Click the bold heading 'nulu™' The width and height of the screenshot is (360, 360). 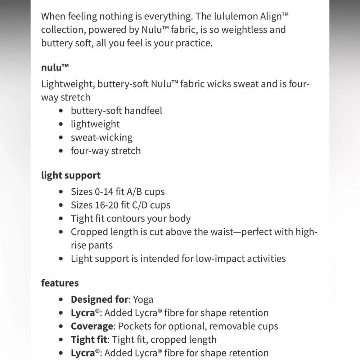tap(55, 67)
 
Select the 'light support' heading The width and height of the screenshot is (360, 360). tap(71, 175)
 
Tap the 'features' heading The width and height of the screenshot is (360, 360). tap(60, 283)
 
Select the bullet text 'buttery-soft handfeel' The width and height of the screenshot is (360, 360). tap(116, 111)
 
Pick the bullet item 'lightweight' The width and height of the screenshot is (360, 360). tap(95, 124)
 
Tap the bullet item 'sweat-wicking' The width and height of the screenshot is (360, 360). tap(102, 137)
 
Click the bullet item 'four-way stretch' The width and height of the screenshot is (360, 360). tap(105, 150)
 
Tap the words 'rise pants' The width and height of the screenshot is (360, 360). tap(91, 245)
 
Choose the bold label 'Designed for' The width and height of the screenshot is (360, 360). tap(99, 300)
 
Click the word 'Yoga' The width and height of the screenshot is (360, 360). tap(143, 300)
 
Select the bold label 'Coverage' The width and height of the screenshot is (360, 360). tap(92, 326)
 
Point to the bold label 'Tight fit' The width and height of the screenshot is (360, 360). tap(89, 339)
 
